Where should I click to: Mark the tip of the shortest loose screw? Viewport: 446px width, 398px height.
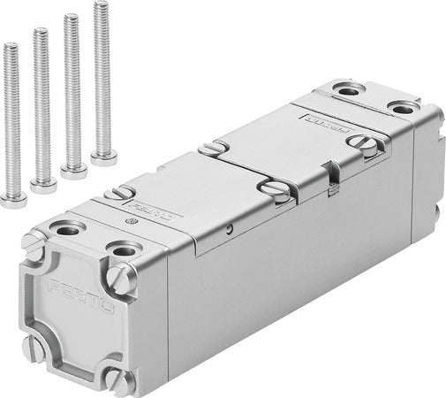point(10,46)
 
